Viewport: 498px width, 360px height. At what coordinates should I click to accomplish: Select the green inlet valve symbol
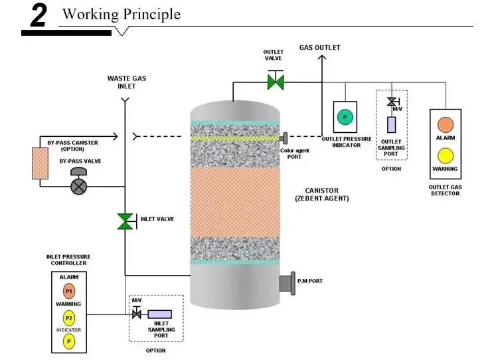pos(125,221)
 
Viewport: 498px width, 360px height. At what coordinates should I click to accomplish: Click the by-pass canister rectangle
pos(40,163)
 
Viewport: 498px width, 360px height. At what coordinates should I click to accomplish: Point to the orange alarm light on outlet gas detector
pos(445,124)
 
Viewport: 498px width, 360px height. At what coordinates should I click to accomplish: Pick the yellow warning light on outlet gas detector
pos(445,155)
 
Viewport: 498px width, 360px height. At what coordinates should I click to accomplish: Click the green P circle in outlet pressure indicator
pos(345,118)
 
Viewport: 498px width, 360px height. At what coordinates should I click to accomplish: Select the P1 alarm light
pos(69,291)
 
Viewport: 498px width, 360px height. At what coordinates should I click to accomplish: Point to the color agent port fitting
pos(285,138)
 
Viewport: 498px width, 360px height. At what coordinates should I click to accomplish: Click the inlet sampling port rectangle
pos(159,314)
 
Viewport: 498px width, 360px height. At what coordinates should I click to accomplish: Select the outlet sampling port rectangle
pos(391,124)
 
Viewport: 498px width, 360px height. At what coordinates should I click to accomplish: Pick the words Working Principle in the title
pos(121,14)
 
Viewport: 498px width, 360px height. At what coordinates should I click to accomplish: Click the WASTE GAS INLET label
pos(126,82)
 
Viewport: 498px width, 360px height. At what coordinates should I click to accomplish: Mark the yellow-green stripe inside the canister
pos(236,138)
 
